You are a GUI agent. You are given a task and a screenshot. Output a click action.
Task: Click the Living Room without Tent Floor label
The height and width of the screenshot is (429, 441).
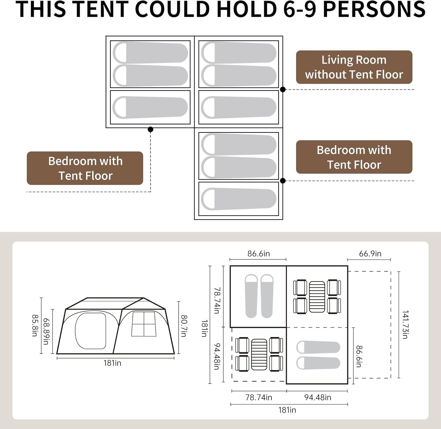354,67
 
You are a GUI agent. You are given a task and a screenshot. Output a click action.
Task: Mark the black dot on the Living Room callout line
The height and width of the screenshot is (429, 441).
283,89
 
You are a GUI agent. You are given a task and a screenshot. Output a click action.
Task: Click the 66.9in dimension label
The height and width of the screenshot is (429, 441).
370,253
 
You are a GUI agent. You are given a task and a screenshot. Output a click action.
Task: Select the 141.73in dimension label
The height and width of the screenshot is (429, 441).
405,324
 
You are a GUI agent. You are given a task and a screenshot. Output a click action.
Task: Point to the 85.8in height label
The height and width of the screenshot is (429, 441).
35,325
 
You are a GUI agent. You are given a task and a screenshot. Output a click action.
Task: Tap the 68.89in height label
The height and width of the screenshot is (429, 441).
46,331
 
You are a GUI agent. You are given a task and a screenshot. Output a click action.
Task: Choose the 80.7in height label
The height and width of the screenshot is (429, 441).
184,326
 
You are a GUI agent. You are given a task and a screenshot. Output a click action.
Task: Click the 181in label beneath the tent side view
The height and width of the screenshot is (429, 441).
112,363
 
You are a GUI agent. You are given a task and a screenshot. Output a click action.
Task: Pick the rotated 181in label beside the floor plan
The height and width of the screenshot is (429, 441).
205,328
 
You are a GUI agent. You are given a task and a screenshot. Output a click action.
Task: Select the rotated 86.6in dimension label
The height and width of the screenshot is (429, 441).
359,356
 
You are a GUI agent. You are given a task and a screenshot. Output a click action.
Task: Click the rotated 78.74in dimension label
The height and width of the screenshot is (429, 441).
217,301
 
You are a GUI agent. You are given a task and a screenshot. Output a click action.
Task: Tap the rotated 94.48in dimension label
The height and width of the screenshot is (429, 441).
217,356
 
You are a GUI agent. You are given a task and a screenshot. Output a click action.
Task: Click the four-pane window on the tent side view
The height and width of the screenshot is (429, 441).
143,324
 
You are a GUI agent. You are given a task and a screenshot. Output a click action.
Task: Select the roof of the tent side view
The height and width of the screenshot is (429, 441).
116,303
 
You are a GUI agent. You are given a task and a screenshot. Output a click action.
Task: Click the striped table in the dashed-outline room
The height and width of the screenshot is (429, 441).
259,354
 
